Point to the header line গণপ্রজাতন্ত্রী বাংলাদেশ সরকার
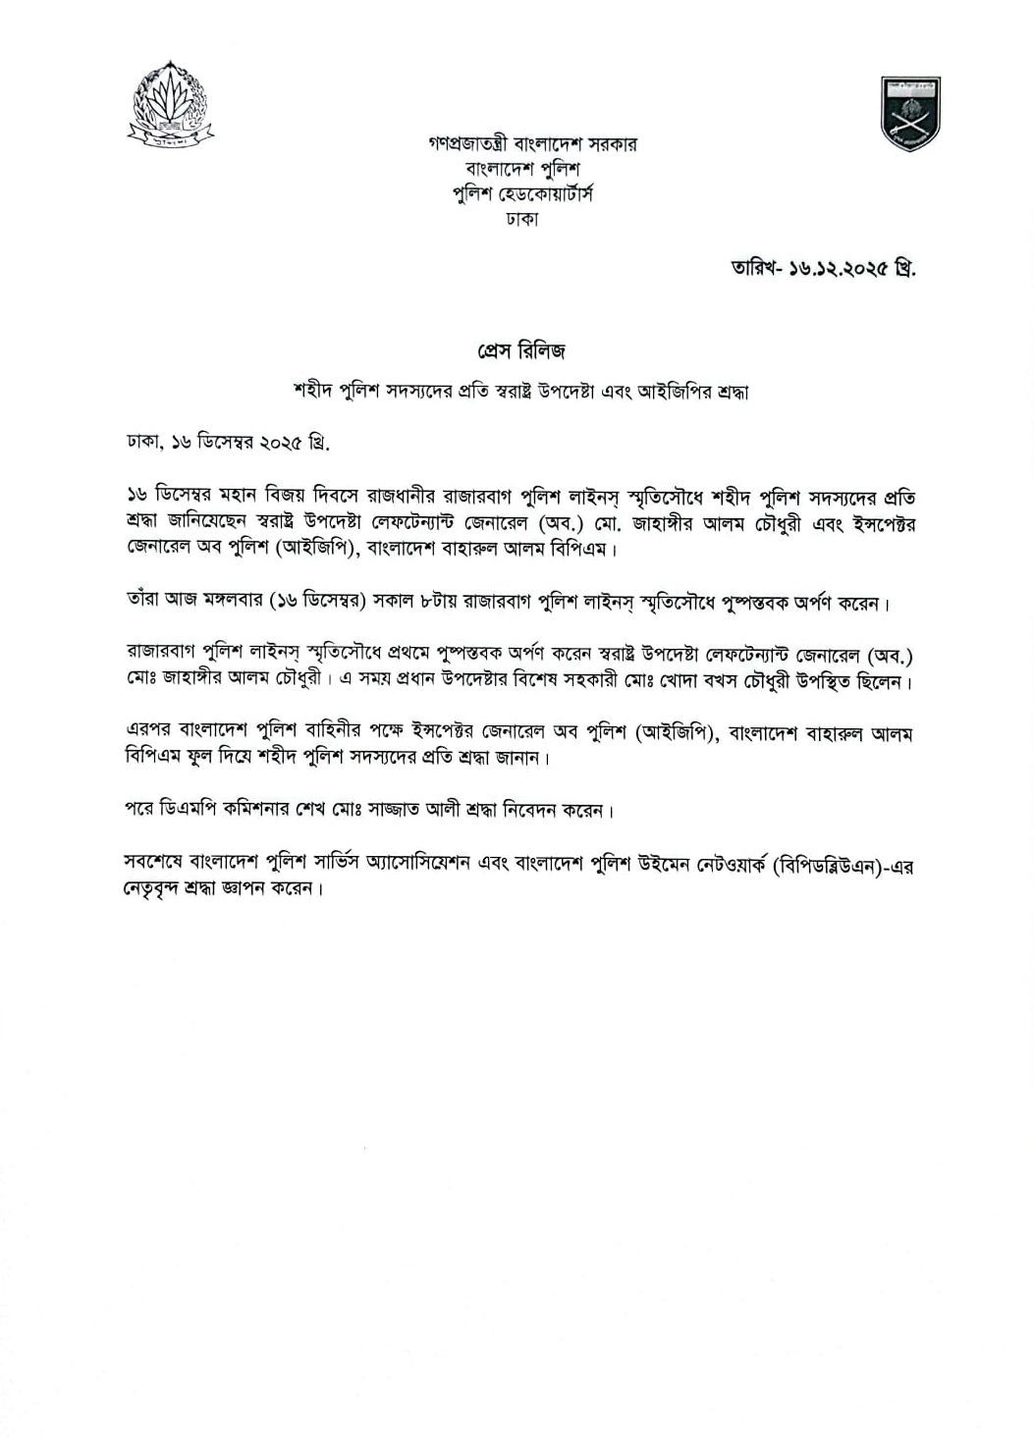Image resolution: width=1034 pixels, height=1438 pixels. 533,144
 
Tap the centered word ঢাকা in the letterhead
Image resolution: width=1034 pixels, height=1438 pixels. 521,219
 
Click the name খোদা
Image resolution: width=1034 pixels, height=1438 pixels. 670,680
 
